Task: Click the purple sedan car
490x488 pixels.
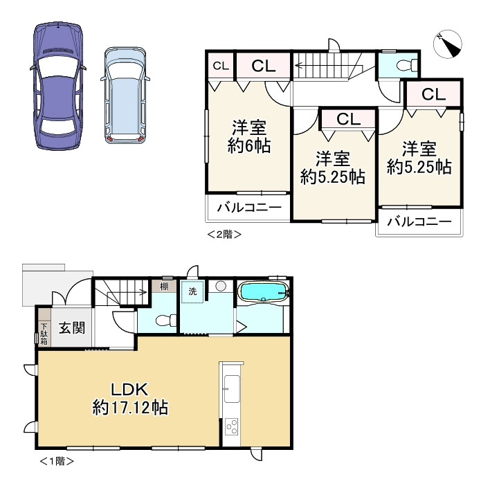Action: pos(58,86)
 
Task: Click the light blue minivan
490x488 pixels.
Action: pos(125,96)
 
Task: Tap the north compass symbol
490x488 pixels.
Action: pos(448,44)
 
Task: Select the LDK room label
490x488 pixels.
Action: pos(129,390)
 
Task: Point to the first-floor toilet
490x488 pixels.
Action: pos(165,320)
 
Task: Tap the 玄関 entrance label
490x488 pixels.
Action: pos(72,327)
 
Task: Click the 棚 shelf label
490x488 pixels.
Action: pos(164,286)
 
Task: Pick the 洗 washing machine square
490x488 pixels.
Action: pos(192,291)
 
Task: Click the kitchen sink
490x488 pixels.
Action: pos(232,389)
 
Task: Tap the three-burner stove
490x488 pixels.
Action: pos(232,426)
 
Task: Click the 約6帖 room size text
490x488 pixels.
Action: pos(248,145)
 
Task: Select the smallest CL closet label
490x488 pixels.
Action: pos(221,66)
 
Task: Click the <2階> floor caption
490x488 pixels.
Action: pos(224,234)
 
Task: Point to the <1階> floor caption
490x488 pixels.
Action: pos(57,460)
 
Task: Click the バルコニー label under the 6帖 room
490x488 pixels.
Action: pos(248,207)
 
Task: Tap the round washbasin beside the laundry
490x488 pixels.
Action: pos(221,286)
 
